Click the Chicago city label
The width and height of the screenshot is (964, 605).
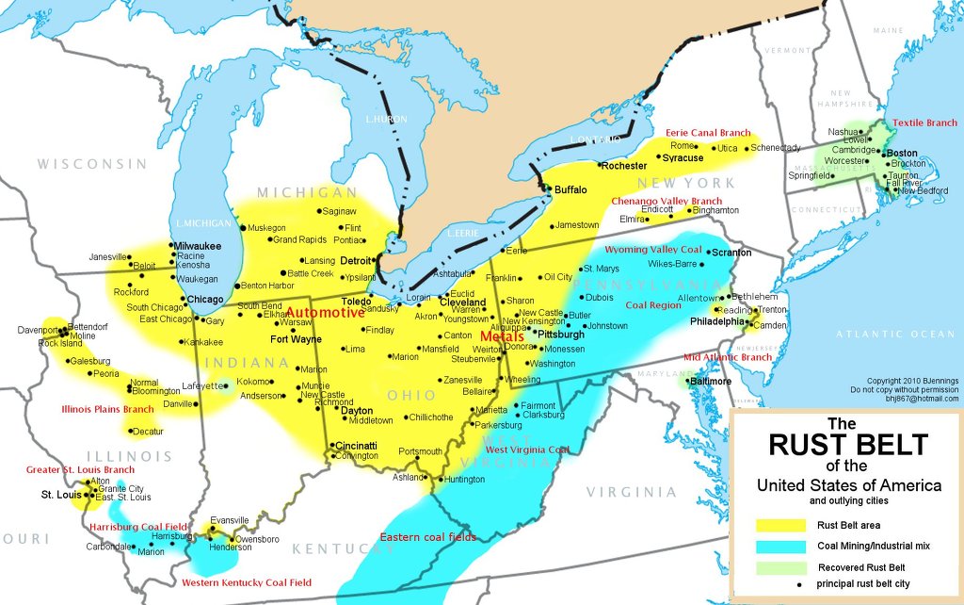(205, 300)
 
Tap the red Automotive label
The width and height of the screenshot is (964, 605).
(326, 312)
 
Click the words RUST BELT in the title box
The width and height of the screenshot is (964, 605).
(848, 444)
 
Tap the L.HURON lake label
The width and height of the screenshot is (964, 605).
(386, 120)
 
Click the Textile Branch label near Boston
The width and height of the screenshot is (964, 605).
(924, 123)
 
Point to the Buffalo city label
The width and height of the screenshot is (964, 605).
(570, 189)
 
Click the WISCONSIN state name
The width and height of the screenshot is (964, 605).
(92, 164)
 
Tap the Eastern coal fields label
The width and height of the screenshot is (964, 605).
(427, 537)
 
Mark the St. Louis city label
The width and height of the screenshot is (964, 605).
(59, 494)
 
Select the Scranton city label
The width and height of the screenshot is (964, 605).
(731, 253)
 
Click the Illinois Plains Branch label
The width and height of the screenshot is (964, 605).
(107, 410)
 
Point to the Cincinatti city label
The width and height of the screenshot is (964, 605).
(356, 446)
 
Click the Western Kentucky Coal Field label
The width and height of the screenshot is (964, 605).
(247, 582)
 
